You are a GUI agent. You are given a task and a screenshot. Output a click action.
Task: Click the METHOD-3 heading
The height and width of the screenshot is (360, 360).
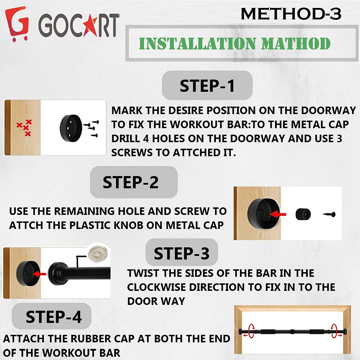(291, 14)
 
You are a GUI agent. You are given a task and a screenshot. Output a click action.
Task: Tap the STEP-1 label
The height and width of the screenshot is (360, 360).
(207, 86)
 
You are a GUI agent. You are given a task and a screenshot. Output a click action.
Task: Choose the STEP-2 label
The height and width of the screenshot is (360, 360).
(131, 182)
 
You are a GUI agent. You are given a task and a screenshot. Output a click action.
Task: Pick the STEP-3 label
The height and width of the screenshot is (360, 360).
(181, 254)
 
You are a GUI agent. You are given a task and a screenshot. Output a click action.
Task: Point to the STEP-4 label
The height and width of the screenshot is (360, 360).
(54, 317)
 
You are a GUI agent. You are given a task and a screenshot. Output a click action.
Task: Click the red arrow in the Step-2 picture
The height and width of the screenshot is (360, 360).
(278, 214)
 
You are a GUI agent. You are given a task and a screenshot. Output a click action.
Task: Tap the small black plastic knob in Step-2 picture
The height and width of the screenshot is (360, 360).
(303, 214)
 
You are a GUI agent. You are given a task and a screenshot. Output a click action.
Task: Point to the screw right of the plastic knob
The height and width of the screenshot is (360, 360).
(329, 215)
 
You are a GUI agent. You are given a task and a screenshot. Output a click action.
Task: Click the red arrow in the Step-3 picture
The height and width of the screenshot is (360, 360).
(41, 274)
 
